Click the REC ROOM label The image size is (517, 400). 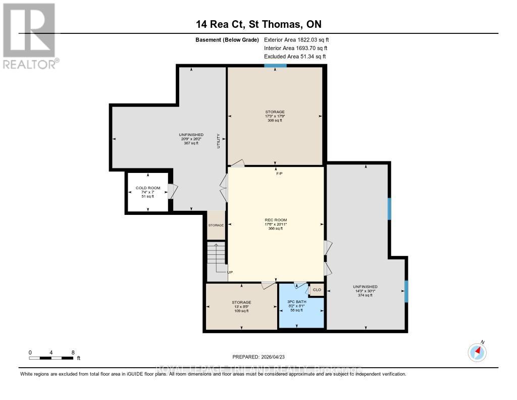click(x=276, y=220)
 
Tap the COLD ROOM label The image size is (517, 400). click(x=148, y=188)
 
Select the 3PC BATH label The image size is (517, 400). click(x=298, y=301)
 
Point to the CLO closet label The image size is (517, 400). click(x=317, y=290)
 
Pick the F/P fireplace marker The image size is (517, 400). click(x=279, y=174)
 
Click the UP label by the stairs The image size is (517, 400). click(x=230, y=272)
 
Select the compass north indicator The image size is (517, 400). click(x=477, y=351)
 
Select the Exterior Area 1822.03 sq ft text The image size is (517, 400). click(x=296, y=39)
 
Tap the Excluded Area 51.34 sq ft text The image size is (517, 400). click(x=295, y=57)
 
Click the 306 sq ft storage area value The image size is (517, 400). click(x=275, y=120)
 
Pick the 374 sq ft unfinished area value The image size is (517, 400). click(x=365, y=295)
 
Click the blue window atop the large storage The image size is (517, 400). click(x=275, y=66)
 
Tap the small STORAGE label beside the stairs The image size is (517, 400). click(x=216, y=225)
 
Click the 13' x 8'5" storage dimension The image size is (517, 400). click(x=241, y=306)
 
